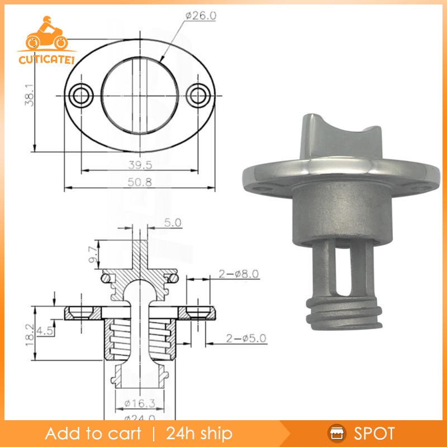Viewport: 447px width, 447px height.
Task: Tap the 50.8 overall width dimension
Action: click(140, 182)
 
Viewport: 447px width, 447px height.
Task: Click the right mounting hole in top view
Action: click(198, 95)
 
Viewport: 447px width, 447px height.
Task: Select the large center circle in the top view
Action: click(140, 95)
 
